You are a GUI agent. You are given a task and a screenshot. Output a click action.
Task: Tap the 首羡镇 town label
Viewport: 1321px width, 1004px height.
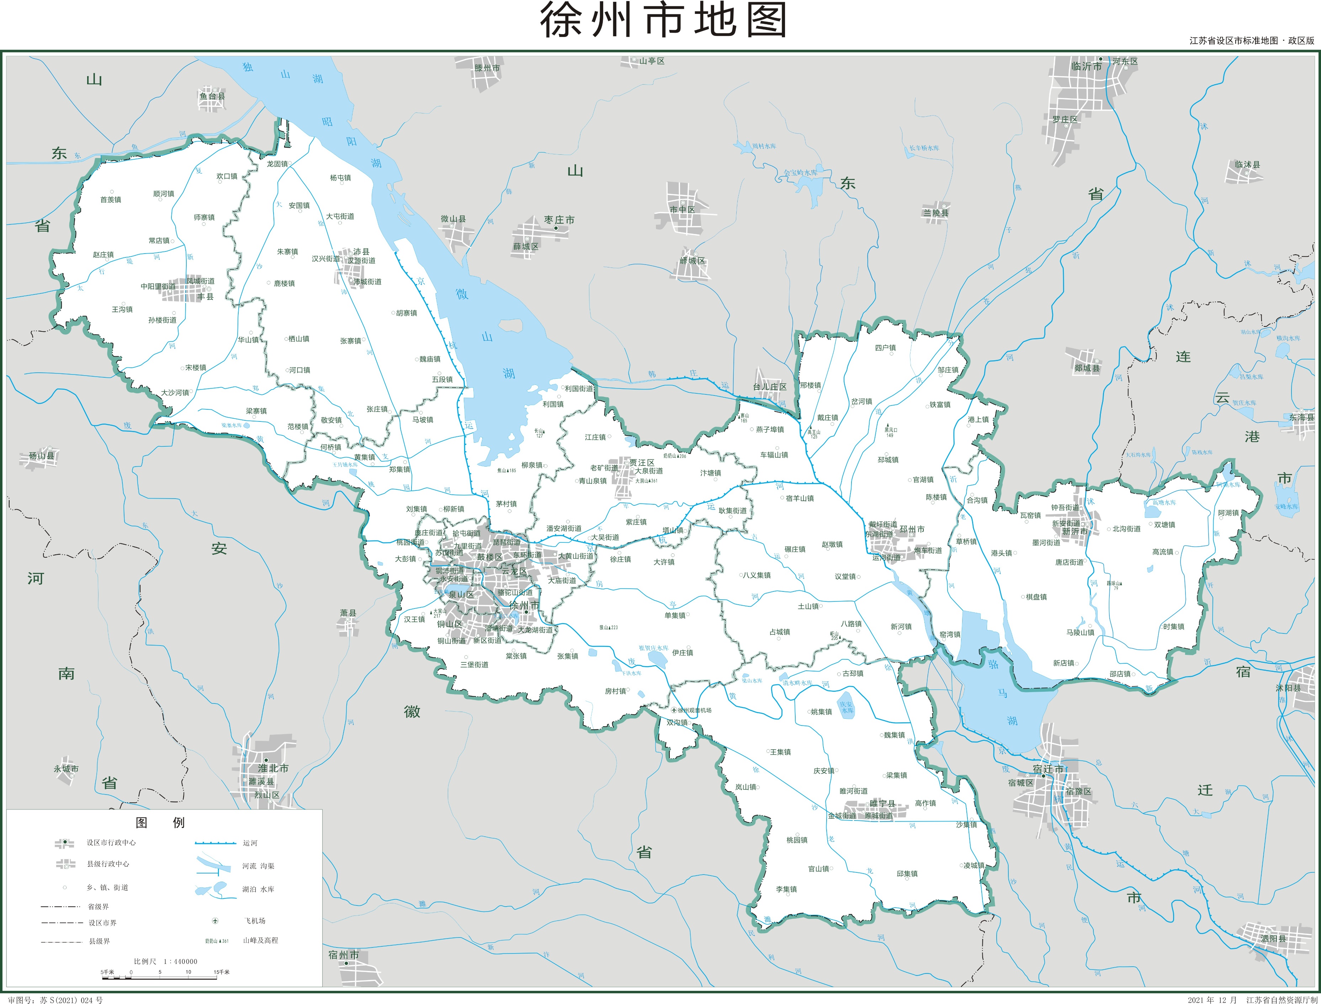click(111, 200)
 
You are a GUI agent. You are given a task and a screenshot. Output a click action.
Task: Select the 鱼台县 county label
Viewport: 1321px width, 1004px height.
click(212, 96)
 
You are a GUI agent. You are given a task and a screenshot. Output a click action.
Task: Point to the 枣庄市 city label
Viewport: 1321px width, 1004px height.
click(559, 220)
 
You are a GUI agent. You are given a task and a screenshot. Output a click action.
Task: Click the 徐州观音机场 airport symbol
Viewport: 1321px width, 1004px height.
click(674, 710)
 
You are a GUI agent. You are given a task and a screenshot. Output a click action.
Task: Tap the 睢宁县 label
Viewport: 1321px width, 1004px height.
click(882, 803)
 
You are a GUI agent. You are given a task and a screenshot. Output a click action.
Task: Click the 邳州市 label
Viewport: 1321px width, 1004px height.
click(912, 529)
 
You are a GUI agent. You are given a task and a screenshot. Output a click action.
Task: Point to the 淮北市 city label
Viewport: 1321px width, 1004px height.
click(273, 768)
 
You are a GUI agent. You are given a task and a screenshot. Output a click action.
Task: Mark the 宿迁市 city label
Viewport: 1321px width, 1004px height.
click(1049, 769)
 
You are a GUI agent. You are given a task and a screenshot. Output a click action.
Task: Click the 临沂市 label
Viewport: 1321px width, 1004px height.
click(1086, 67)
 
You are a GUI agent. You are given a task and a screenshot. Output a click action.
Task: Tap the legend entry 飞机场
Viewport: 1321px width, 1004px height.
click(254, 920)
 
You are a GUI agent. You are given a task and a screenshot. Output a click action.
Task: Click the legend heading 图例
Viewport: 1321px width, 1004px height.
click(160, 822)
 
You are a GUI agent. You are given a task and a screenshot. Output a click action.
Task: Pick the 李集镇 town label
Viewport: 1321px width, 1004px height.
click(786, 889)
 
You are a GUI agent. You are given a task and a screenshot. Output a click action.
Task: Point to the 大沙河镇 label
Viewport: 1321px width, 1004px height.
click(175, 393)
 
